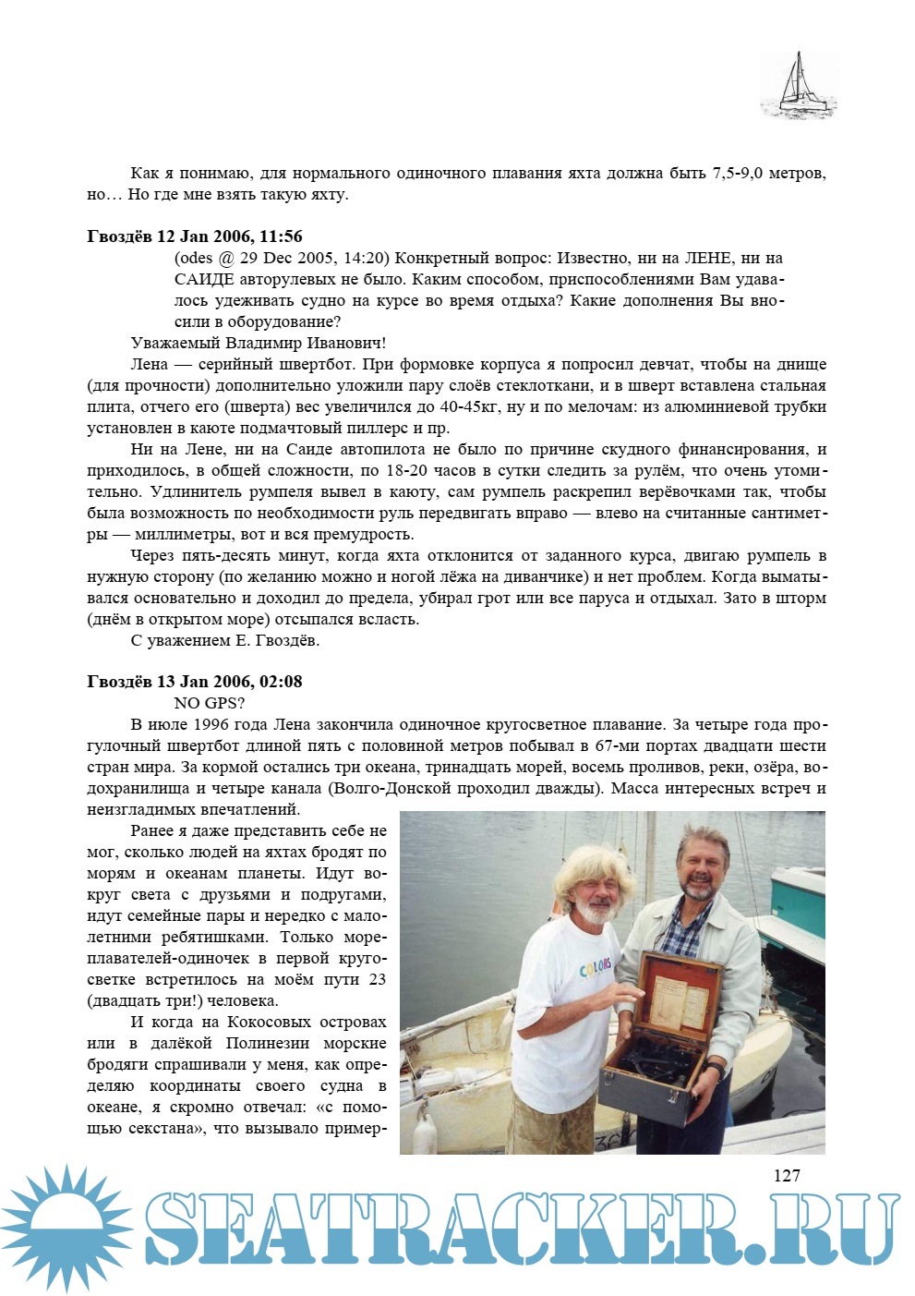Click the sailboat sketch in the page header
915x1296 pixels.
[799, 86]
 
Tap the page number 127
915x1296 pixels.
[786, 1175]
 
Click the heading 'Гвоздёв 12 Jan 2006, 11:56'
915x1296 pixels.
[194, 236]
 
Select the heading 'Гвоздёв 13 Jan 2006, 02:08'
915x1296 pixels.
[194, 682]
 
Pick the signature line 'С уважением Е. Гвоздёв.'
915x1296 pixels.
[225, 640]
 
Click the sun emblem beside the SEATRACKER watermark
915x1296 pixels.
[66, 1229]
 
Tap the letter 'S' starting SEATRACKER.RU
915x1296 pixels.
[175, 1229]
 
